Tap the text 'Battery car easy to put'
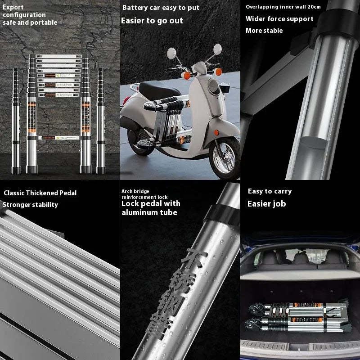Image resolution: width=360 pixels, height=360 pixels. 161,8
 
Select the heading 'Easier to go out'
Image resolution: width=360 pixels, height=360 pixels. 152,21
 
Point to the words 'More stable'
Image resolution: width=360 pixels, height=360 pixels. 264,31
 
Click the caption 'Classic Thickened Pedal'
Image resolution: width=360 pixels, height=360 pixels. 40,193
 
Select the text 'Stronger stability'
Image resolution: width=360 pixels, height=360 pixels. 30,205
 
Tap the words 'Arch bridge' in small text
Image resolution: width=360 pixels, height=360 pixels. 135,191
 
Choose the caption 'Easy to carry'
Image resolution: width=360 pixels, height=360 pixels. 270,191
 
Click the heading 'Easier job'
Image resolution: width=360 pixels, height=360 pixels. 266,204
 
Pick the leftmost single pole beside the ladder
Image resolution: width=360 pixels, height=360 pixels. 16,121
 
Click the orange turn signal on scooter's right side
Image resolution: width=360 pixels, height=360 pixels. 219,72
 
